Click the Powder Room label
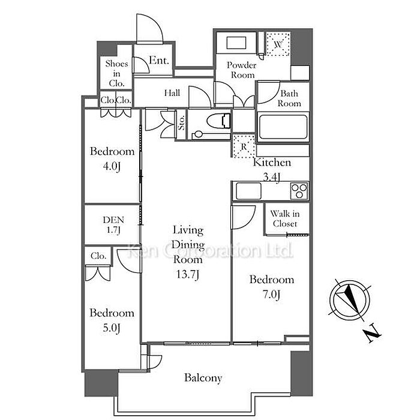coord(241,70)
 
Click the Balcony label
coord(203,378)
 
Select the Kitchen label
coord(272,163)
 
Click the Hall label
coord(172,93)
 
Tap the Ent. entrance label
coord(159,61)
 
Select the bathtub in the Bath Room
coord(283,127)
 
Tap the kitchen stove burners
coord(299,191)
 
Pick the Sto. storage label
coord(181,124)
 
